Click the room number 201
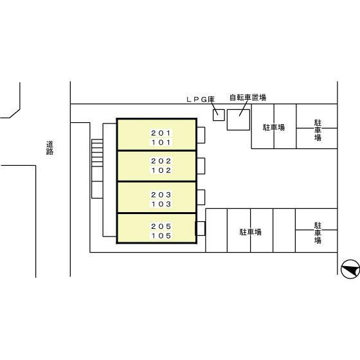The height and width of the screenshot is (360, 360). click(x=161, y=133)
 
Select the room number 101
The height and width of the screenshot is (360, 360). click(x=161, y=142)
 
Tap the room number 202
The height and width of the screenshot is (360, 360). click(x=161, y=161)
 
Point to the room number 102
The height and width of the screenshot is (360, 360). click(x=161, y=170)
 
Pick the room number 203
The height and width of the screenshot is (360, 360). click(x=161, y=195)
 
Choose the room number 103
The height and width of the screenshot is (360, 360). click(x=161, y=204)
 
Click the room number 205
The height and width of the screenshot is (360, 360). click(x=161, y=226)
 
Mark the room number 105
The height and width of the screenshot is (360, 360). click(x=161, y=236)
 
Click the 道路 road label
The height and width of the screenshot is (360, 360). click(x=50, y=148)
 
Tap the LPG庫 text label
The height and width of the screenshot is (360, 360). click(x=201, y=100)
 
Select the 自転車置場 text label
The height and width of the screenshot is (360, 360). click(x=248, y=98)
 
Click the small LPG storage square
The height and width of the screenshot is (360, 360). click(x=219, y=115)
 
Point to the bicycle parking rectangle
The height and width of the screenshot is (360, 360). click(x=239, y=120)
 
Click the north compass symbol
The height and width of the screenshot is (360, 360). click(x=350, y=269)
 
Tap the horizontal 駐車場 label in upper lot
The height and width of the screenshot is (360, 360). click(x=274, y=127)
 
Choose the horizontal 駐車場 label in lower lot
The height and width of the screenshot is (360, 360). click(x=251, y=232)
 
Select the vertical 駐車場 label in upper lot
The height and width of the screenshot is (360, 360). click(x=318, y=130)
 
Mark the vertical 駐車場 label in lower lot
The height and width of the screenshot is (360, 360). click(x=318, y=233)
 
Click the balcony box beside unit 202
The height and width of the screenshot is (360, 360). click(x=201, y=166)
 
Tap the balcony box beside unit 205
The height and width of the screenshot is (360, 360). click(x=200, y=228)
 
